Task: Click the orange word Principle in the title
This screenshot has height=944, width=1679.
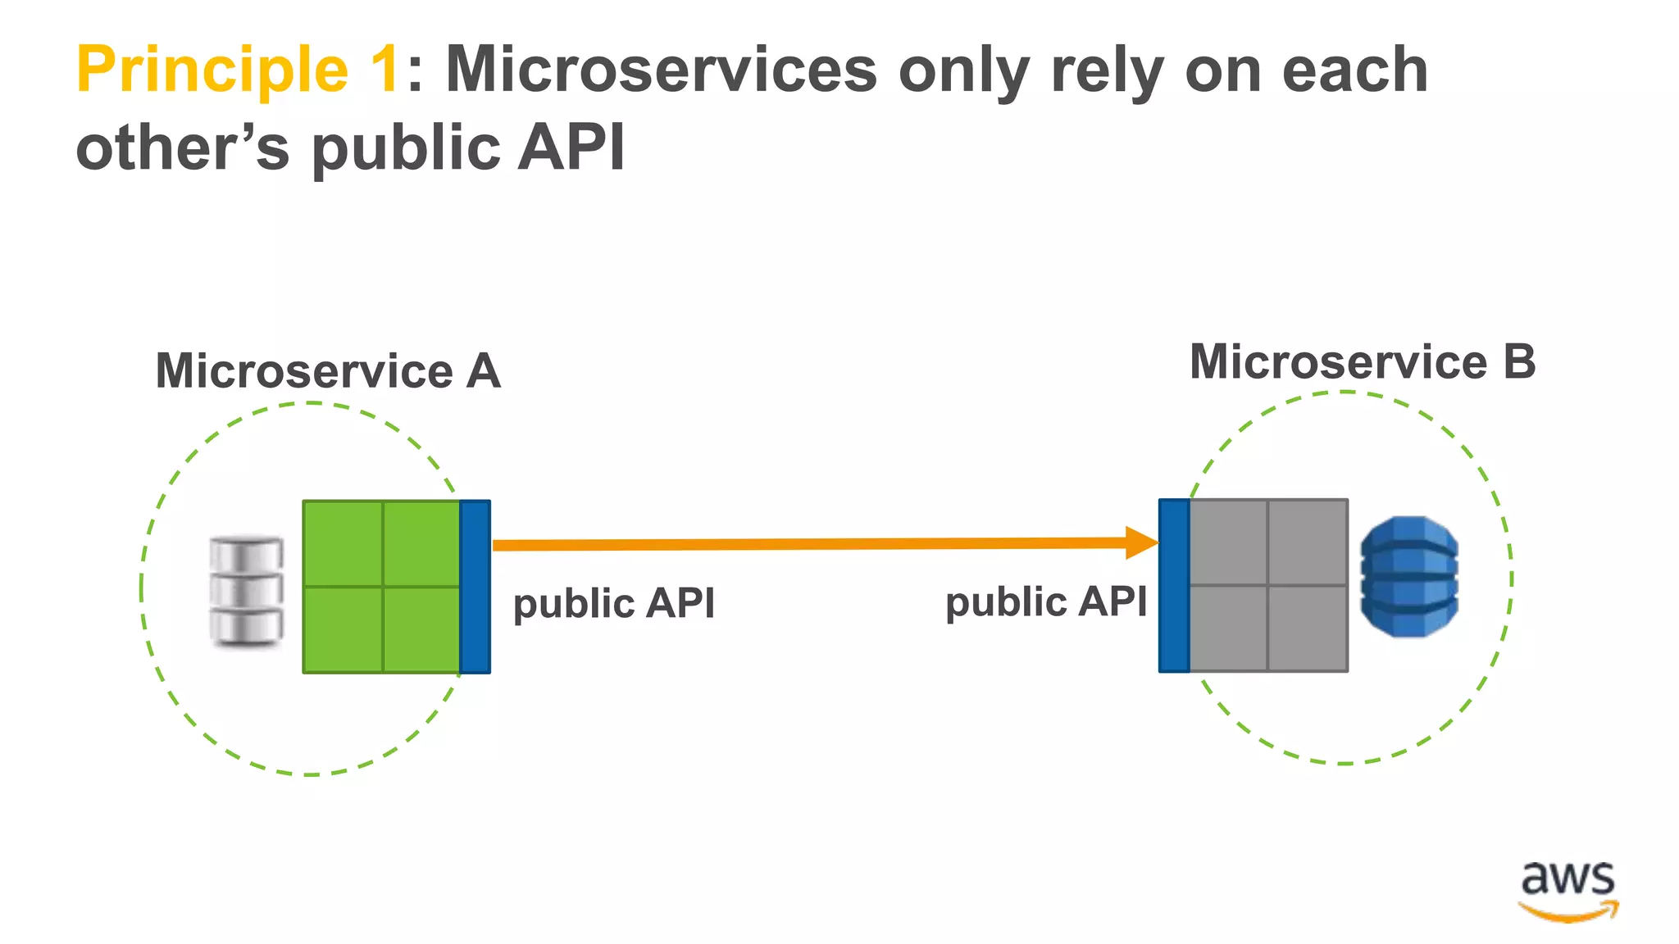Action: point(212,70)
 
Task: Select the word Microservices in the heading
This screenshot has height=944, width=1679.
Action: point(661,69)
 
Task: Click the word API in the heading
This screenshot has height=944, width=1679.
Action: point(571,147)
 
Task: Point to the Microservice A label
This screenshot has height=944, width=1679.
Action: point(328,371)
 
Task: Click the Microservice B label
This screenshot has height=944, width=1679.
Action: point(1362,362)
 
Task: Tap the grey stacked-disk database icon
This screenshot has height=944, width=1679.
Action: point(246,590)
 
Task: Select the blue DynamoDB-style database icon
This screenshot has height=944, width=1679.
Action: point(1408,576)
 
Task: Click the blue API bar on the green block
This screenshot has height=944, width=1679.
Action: point(475,587)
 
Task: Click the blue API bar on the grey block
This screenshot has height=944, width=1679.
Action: point(1174,585)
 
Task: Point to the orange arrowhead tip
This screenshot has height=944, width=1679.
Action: point(1154,542)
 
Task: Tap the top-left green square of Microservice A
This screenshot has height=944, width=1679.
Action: point(343,543)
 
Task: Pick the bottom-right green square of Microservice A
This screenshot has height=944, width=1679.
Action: point(421,629)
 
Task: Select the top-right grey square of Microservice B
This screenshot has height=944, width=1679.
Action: point(1308,542)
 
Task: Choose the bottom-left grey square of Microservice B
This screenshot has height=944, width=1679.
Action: point(1228,628)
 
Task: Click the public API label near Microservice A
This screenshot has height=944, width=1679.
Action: point(614,604)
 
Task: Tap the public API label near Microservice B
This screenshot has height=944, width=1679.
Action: point(1046,602)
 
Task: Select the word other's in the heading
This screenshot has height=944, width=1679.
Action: point(183,147)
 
